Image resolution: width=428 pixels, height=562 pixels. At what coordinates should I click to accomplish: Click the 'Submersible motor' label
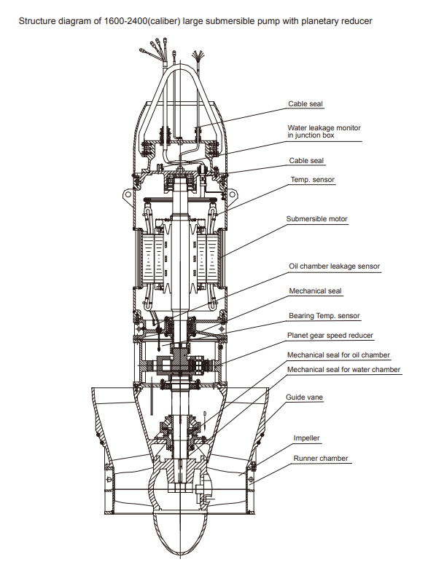pos(316,218)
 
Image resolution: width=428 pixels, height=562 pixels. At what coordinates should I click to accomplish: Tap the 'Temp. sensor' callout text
pos(312,179)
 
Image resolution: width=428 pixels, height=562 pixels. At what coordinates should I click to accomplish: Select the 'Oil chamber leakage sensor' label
pos(334,266)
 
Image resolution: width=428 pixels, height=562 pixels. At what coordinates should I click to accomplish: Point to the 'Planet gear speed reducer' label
pos(330,336)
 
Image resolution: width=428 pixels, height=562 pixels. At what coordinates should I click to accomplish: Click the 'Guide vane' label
pos(304,397)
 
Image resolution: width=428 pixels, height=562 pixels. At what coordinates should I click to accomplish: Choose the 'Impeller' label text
pos(306,438)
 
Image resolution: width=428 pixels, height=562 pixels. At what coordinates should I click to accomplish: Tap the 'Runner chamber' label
pos(321,458)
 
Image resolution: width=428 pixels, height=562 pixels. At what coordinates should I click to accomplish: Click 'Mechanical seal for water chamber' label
pos(343,370)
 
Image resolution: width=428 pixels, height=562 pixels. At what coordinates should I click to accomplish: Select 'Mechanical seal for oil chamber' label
pos(338,355)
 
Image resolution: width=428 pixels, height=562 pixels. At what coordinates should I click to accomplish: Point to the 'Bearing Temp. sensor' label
pos(324,316)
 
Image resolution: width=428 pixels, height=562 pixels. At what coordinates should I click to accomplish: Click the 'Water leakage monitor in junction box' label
pos(324,131)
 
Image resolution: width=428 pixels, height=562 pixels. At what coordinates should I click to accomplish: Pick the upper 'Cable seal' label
pos(306,104)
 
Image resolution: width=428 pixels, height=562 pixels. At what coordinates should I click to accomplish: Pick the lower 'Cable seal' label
pos(306,161)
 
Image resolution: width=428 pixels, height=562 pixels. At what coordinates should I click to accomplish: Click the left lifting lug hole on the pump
pos(127,194)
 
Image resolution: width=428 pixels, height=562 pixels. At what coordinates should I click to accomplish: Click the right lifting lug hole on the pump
pos(233,194)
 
